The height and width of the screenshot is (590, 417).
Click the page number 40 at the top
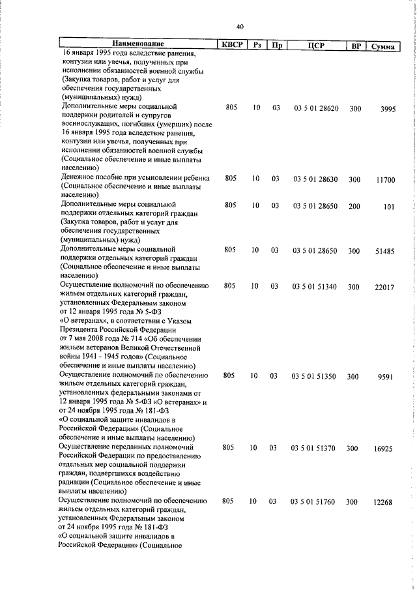[240, 26]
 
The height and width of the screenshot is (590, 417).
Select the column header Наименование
[139, 44]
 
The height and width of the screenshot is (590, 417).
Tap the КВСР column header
[231, 44]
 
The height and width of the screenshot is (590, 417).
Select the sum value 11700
[386, 179]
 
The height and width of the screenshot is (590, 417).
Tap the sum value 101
[390, 208]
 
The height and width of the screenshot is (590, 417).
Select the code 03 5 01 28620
[315, 108]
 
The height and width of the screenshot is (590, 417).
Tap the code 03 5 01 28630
[315, 179]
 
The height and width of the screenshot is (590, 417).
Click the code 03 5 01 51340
[315, 287]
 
